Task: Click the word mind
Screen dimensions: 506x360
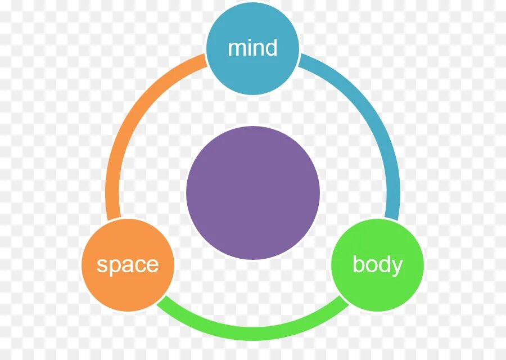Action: click(x=252, y=48)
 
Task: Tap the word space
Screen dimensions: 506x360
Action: click(x=128, y=264)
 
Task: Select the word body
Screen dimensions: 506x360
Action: click(x=377, y=264)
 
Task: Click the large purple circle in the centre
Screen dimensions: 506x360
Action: click(x=252, y=192)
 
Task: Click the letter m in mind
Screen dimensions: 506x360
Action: click(x=236, y=49)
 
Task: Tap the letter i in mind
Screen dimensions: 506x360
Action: click(x=248, y=48)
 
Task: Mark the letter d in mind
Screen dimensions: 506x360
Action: click(x=270, y=48)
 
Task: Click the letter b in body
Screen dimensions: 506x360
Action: click(x=358, y=264)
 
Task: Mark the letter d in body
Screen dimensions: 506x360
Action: click(x=384, y=264)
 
